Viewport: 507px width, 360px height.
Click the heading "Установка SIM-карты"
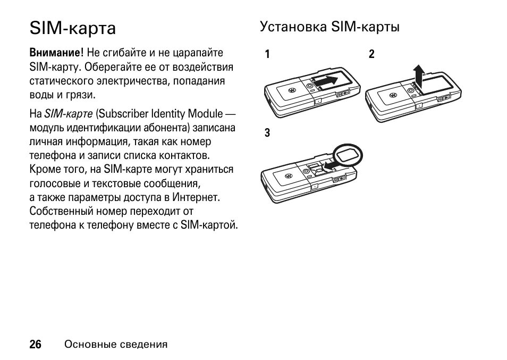(x=329, y=27)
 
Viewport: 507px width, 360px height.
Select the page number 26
(x=36, y=345)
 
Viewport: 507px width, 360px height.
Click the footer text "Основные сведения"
(x=116, y=345)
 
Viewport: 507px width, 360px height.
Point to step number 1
(x=268, y=54)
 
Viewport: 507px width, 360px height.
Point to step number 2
(x=371, y=54)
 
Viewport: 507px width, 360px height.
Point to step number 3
(x=268, y=133)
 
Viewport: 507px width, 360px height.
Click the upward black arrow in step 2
(x=419, y=76)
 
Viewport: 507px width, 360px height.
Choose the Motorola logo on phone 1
(x=291, y=90)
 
